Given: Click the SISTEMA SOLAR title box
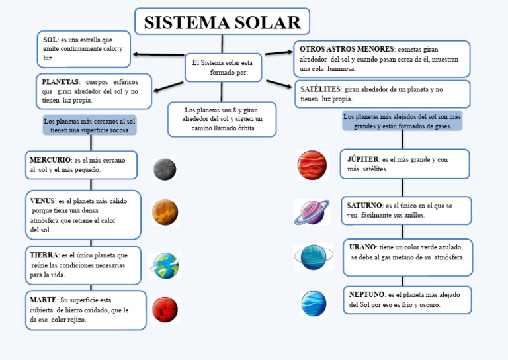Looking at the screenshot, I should pyautogui.click(x=222, y=22).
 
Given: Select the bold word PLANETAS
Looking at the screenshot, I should pyautogui.click(x=60, y=81).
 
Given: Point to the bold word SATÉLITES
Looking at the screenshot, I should pyautogui.click(x=321, y=89).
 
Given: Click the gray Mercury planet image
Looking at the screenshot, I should pyautogui.click(x=165, y=169).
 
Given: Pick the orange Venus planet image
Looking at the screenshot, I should pyautogui.click(x=165, y=212).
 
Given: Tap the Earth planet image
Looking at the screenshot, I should pyautogui.click(x=165, y=265).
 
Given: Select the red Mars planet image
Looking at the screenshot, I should pyautogui.click(x=165, y=310).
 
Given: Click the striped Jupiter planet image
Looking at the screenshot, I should pyautogui.click(x=312, y=165).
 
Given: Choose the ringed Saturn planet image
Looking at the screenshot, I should pyautogui.click(x=312, y=212).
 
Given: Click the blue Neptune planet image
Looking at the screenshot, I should pyautogui.click(x=314, y=304).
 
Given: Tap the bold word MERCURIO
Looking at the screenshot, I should pyautogui.click(x=50, y=160).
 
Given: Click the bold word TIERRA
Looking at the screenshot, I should pyautogui.click(x=44, y=255).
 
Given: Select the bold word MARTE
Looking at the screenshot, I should pyautogui.click(x=43, y=300).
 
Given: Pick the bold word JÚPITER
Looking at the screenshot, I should pyautogui.click(x=363, y=159).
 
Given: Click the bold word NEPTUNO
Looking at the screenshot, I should pyautogui.click(x=366, y=294).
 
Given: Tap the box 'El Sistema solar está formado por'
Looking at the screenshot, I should pyautogui.click(x=223, y=67).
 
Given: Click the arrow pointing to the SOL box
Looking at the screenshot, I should pyautogui.click(x=159, y=54).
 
